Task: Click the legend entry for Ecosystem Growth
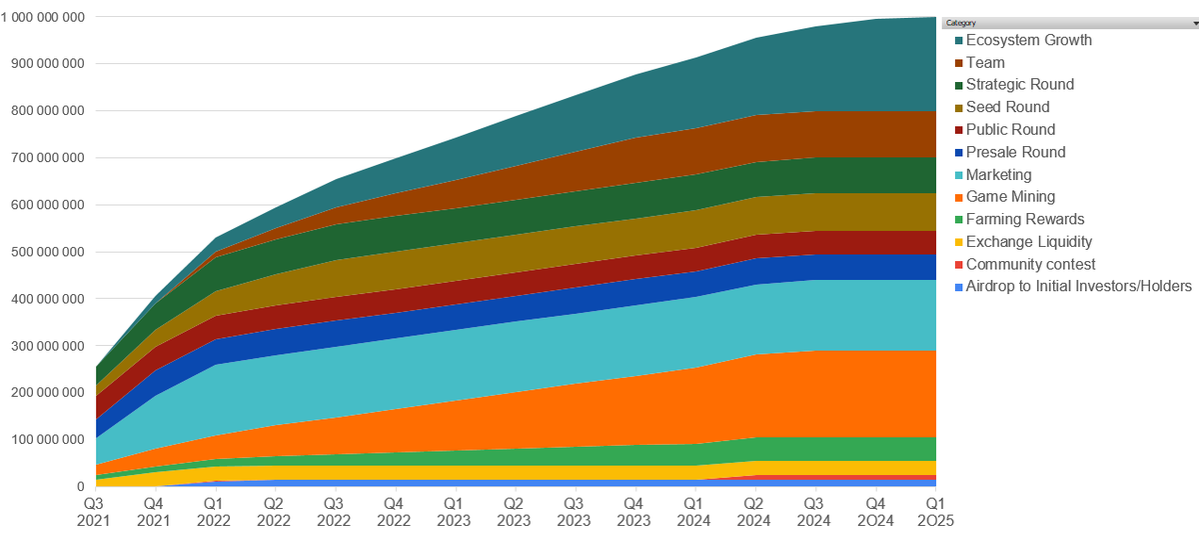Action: coord(1028,40)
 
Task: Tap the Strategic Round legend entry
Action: coord(1020,85)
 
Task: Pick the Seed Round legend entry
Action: coord(1007,107)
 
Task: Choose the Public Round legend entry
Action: coord(1010,130)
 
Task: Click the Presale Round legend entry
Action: coord(1015,152)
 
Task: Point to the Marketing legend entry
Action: coord(998,175)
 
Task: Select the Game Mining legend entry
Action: coord(1010,197)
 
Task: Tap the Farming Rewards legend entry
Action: coord(1024,219)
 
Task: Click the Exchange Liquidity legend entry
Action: coord(1028,242)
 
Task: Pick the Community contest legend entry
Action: coord(1030,264)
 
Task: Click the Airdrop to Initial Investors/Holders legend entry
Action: coord(1078,286)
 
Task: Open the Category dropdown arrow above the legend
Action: coord(1195,22)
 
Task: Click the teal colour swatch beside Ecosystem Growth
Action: coord(958,40)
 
